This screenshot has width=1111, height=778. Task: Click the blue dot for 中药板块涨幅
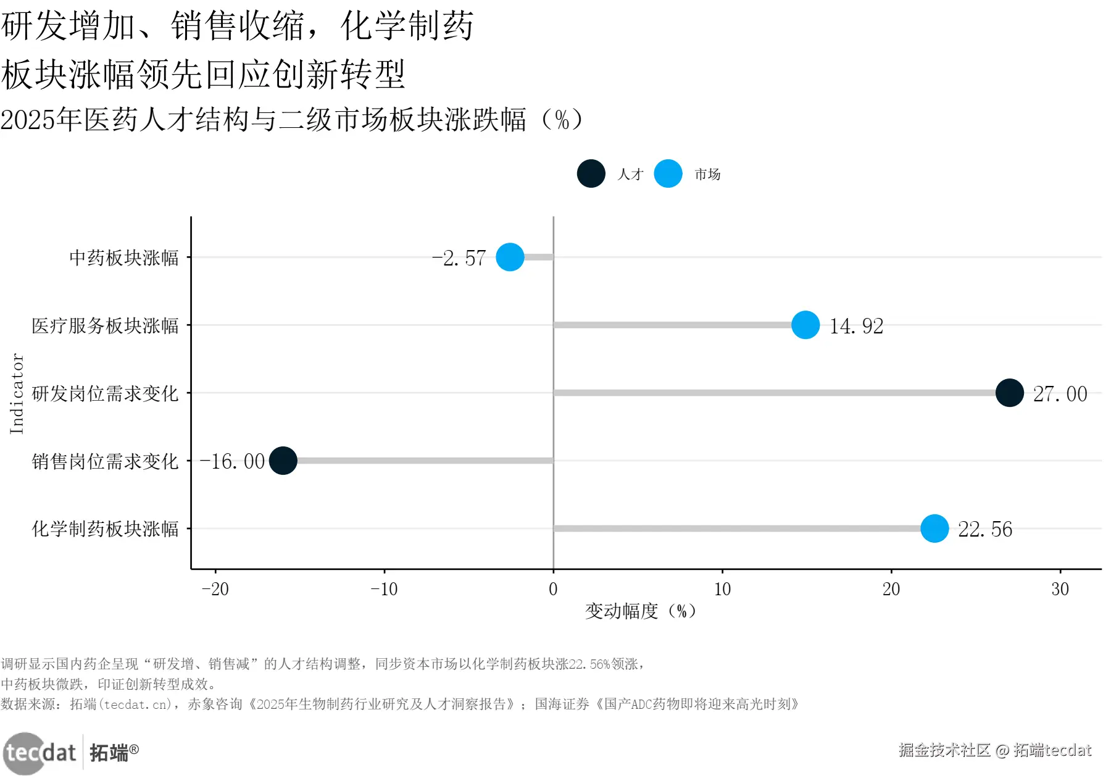tap(510, 257)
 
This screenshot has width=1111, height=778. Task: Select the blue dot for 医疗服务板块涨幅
tap(805, 325)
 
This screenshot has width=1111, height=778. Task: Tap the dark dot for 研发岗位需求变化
tap(1010, 393)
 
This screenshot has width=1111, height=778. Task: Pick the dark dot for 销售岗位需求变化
tap(283, 461)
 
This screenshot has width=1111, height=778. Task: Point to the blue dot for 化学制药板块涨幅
tap(934, 529)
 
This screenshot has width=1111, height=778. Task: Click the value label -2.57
tap(459, 258)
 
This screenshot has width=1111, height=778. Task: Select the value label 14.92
tap(856, 326)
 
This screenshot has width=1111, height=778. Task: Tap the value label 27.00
tap(1060, 394)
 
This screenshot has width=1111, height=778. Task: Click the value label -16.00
tap(233, 461)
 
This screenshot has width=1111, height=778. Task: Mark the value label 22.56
tap(984, 529)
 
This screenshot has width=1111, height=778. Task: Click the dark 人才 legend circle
tap(591, 174)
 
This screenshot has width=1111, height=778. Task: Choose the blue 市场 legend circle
tap(668, 174)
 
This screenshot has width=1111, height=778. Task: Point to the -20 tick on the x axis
tap(215, 589)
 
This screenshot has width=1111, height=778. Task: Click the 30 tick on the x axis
tap(1060, 589)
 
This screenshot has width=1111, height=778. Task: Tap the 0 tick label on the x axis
tap(553, 589)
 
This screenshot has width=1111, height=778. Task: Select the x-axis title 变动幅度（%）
tap(640, 611)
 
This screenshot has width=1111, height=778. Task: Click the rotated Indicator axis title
tap(17, 393)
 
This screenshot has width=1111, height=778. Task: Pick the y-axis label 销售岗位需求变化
tap(105, 461)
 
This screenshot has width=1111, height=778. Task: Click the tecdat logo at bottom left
tap(41, 753)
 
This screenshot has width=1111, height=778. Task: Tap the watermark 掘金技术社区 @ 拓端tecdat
tap(994, 750)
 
